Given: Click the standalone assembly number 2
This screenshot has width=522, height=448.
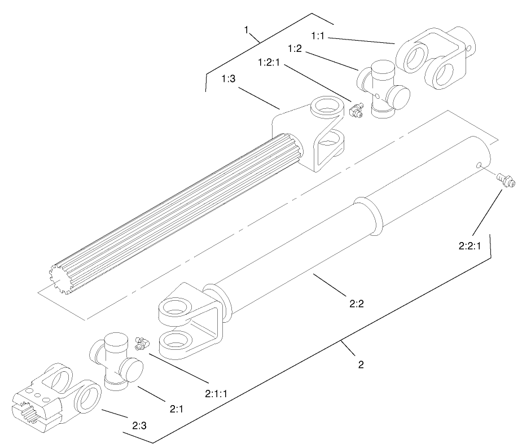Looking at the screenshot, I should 360,364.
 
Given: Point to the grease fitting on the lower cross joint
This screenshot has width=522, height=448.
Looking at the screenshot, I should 141,342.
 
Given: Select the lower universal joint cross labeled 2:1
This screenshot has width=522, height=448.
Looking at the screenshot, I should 116,361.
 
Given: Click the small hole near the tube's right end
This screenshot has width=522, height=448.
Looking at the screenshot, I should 479,165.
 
